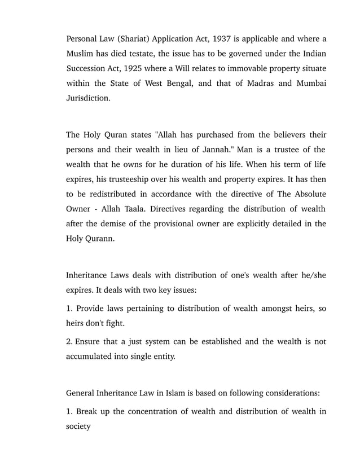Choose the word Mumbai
[310, 83]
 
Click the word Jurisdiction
[89, 98]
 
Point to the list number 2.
[69, 342]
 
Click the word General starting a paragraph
[82, 394]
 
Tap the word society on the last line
[78, 427]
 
